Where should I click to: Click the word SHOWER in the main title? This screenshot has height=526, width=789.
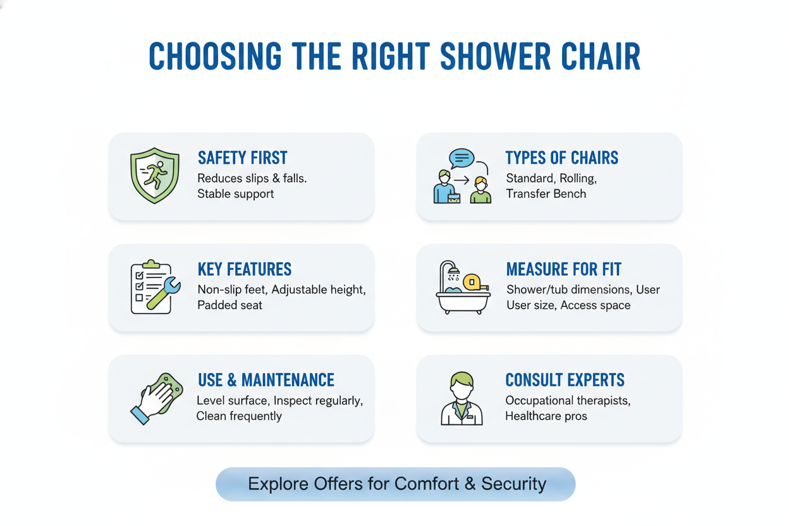pyautogui.click(x=495, y=56)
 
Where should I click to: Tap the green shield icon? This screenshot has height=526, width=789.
pyautogui.click(x=155, y=176)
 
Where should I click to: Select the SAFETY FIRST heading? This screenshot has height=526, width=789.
pyautogui.click(x=242, y=158)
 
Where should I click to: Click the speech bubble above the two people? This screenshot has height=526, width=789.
pyautogui.click(x=462, y=158)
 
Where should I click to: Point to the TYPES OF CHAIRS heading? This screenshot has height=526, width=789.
pyautogui.click(x=562, y=158)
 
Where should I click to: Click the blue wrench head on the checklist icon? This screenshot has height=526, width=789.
pyautogui.click(x=172, y=285)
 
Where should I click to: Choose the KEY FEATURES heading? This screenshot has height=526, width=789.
pyautogui.click(x=245, y=269)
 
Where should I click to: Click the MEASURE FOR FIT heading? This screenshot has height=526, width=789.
pyautogui.click(x=563, y=269)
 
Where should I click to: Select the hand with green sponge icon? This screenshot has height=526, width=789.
pyautogui.click(x=156, y=398)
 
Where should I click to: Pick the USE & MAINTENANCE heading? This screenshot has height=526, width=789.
pyautogui.click(x=266, y=380)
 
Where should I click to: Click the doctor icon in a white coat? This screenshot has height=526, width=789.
pyautogui.click(x=462, y=398)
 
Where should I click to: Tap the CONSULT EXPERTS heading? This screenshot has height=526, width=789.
pyautogui.click(x=565, y=380)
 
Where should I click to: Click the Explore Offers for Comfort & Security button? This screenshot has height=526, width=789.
pyautogui.click(x=396, y=484)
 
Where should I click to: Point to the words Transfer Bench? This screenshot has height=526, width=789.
pyautogui.click(x=546, y=193)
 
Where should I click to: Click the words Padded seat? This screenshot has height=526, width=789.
pyautogui.click(x=229, y=305)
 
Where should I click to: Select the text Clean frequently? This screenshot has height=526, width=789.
pyautogui.click(x=239, y=417)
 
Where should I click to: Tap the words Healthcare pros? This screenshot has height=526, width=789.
pyautogui.click(x=546, y=417)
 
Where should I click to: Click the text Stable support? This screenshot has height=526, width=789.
pyautogui.click(x=235, y=194)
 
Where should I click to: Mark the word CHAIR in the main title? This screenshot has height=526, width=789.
pyautogui.click(x=601, y=56)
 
